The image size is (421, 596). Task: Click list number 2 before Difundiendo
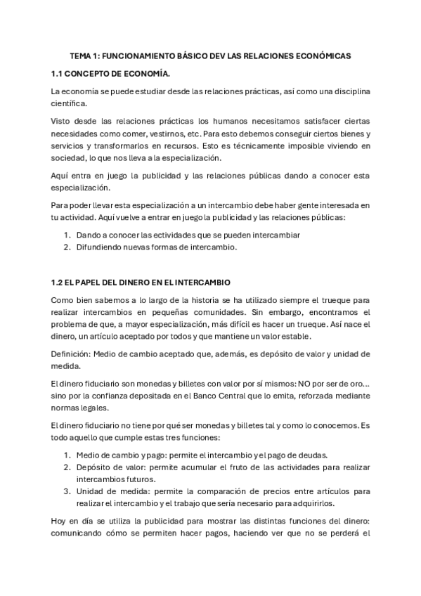point(67,247)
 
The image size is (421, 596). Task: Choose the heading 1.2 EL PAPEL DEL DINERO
point(141,282)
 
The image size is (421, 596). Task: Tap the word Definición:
point(71,354)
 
